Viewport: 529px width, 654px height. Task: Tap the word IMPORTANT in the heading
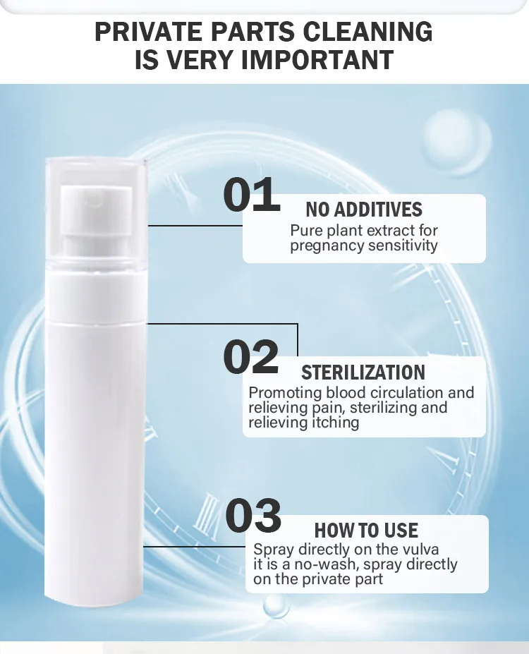[317, 60]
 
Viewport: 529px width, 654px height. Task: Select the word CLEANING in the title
[367, 32]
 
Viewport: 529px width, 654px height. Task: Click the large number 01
[251, 194]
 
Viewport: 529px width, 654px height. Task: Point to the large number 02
[251, 356]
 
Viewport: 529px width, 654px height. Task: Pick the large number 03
[253, 515]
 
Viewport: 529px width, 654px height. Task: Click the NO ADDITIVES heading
[364, 210]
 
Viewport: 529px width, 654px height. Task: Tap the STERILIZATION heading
[363, 373]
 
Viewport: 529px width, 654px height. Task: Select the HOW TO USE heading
[367, 531]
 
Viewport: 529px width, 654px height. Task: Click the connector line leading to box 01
[195, 226]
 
